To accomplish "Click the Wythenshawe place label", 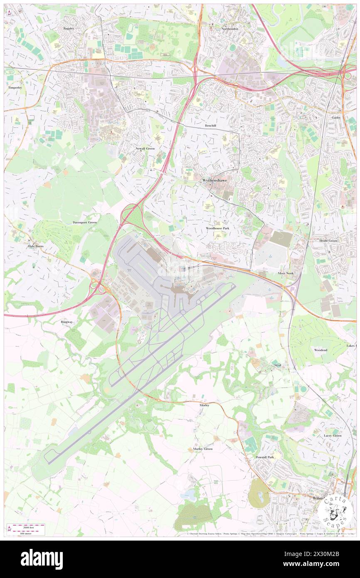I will [215, 180].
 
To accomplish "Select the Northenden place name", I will [230, 29].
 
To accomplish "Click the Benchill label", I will [211, 125].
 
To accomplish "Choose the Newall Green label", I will [145, 148].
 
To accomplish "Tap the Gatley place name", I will [336, 118].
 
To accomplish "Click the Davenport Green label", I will [85, 222].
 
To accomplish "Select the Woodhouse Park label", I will [217, 229].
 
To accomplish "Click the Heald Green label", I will [328, 241].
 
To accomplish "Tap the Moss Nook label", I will [286, 273].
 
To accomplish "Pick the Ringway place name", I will [67, 322].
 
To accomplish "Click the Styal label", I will [278, 365].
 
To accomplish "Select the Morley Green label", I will [203, 449].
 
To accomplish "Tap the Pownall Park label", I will [265, 457].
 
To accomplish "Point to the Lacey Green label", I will [333, 435].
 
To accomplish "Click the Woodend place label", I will [321, 350].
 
